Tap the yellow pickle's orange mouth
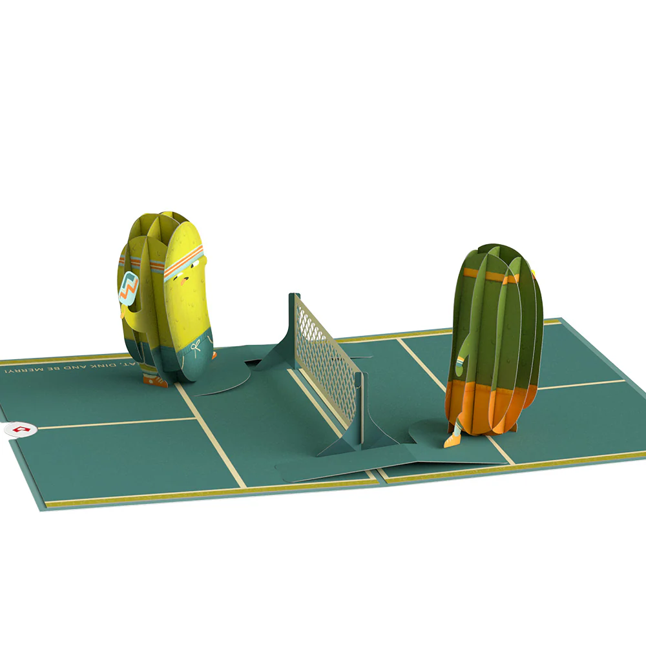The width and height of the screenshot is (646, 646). pos(185,282)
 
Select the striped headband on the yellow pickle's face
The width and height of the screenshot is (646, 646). pos(183,264)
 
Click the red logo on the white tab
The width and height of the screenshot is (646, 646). pos(20,428)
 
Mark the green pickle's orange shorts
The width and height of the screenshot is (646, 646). pos(481,404)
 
